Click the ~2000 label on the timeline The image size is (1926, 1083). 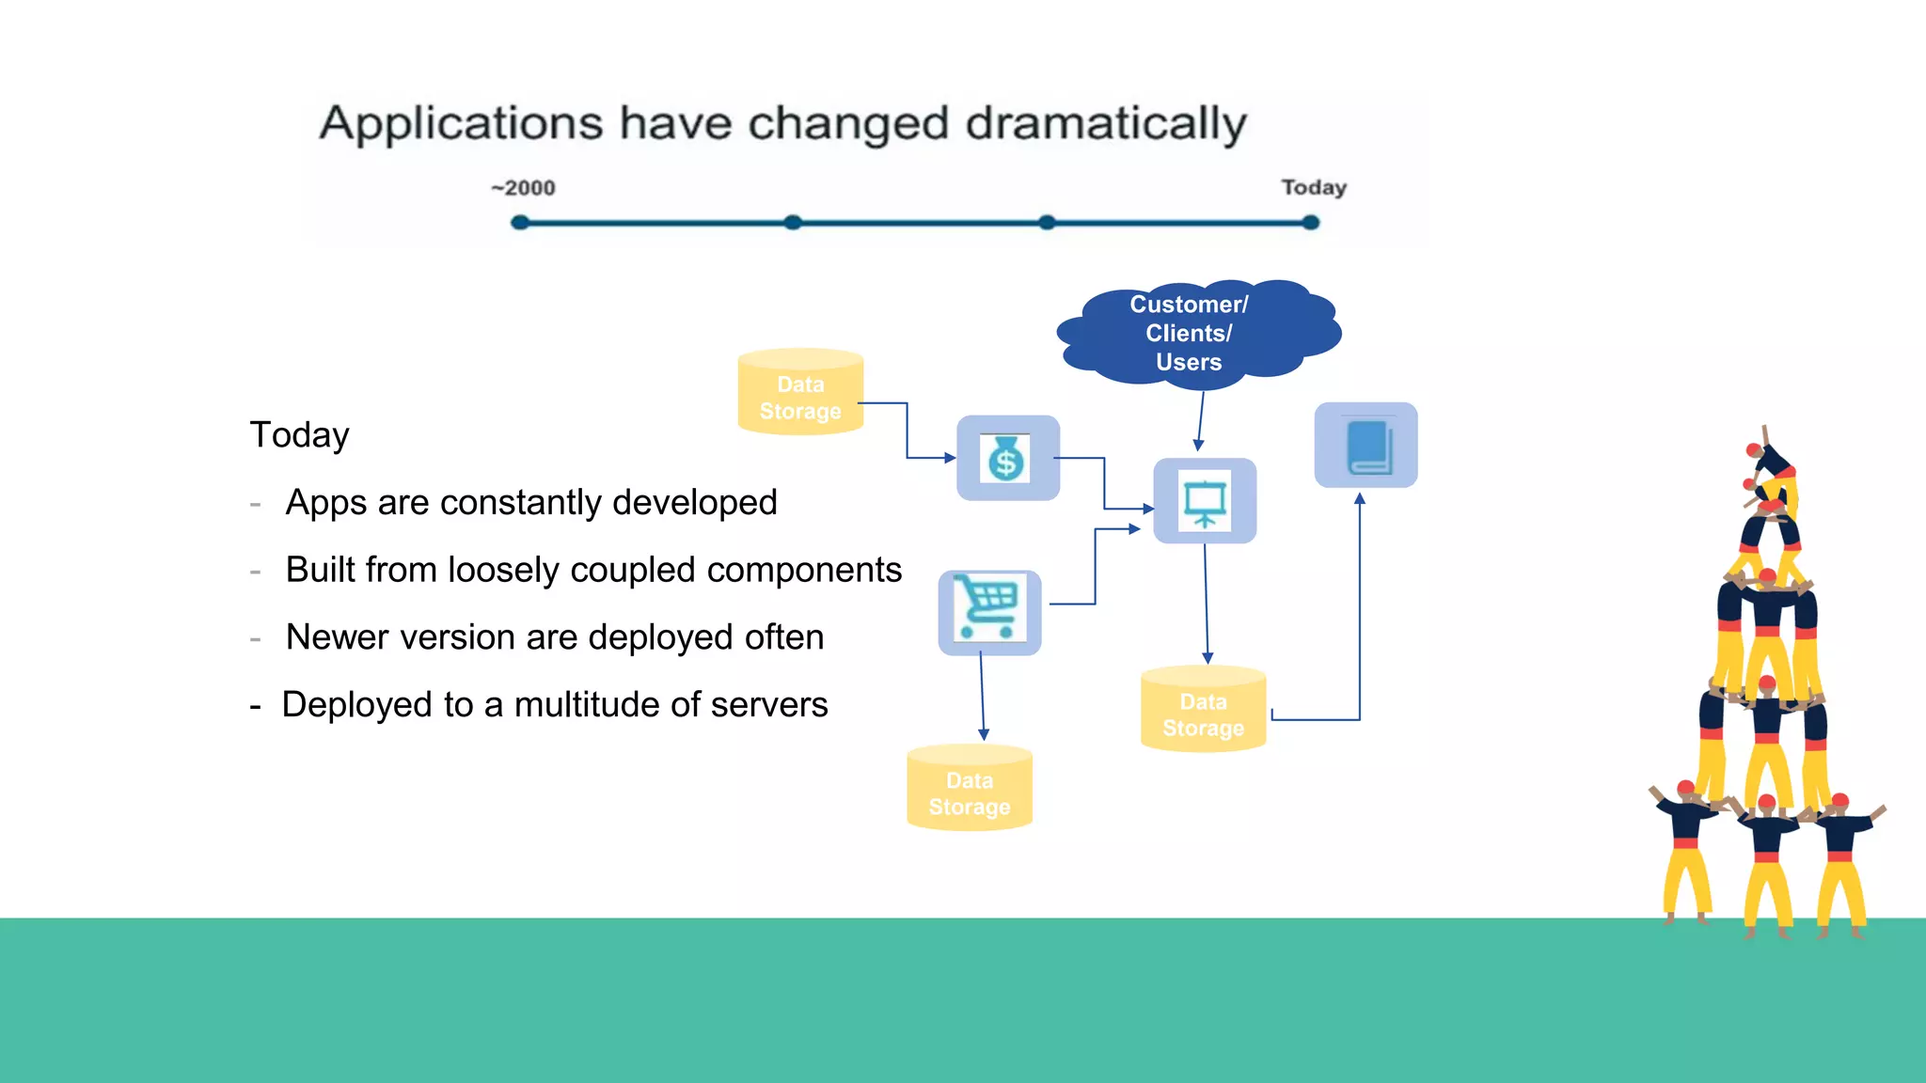click(524, 188)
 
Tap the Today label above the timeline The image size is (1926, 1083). click(1314, 187)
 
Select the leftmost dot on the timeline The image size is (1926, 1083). click(520, 223)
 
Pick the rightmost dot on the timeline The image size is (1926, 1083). click(1310, 223)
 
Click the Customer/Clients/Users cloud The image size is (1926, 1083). click(1190, 333)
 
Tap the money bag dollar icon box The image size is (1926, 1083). click(1007, 459)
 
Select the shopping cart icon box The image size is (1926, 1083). click(989, 612)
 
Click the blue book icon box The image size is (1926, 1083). click(1366, 446)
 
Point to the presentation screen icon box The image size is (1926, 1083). click(1205, 501)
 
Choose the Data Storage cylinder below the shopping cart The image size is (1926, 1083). click(970, 790)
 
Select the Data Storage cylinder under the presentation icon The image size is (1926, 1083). click(1203, 712)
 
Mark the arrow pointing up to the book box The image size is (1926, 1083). click(1359, 611)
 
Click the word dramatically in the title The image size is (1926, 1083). click(1106, 124)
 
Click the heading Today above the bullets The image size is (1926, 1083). click(299, 435)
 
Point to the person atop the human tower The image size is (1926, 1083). click(1771, 465)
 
